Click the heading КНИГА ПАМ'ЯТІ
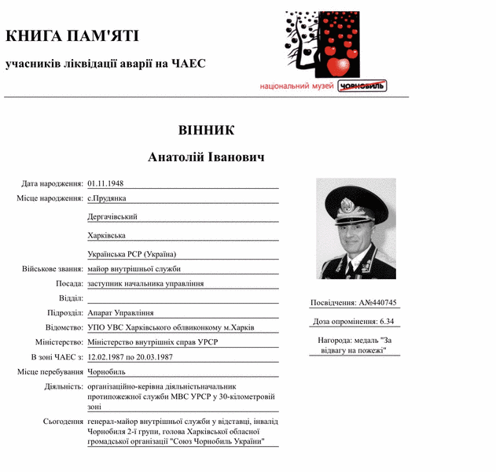[72, 36]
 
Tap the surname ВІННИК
[206, 130]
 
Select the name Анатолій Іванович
[206, 157]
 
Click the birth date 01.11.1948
[106, 183]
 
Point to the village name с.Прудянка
[107, 198]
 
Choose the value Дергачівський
[112, 216]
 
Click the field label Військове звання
[53, 269]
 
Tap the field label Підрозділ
[65, 313]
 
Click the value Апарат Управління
[120, 313]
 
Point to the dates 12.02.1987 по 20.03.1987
[130, 357]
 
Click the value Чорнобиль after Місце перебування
[106, 371]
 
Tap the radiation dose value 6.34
[387, 321]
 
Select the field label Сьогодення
[63, 422]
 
